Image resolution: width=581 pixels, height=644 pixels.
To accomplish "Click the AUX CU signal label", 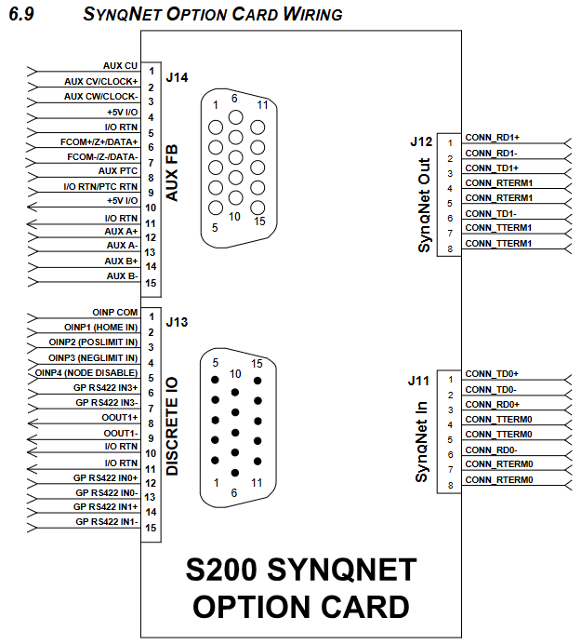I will click(120, 66).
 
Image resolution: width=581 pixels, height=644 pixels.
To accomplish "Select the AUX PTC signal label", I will click(118, 171).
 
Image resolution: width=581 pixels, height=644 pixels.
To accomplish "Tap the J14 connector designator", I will click(177, 77).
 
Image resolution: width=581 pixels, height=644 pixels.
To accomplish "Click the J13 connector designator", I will click(177, 323).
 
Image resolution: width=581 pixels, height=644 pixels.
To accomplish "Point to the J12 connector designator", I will click(420, 141).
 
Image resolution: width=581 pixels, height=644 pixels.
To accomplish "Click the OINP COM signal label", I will click(114, 313).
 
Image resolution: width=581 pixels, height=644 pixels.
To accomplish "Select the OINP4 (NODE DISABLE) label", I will click(86, 372).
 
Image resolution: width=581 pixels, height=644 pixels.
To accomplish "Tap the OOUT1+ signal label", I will click(119, 418).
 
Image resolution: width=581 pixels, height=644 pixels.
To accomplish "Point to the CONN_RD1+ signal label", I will click(492, 138).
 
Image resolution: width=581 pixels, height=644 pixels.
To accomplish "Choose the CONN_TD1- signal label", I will click(490, 213).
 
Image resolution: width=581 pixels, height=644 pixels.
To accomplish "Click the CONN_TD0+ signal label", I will click(492, 374).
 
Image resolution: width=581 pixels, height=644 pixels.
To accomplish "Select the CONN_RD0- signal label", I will click(490, 449).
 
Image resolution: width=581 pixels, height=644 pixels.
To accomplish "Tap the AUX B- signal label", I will click(122, 276).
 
